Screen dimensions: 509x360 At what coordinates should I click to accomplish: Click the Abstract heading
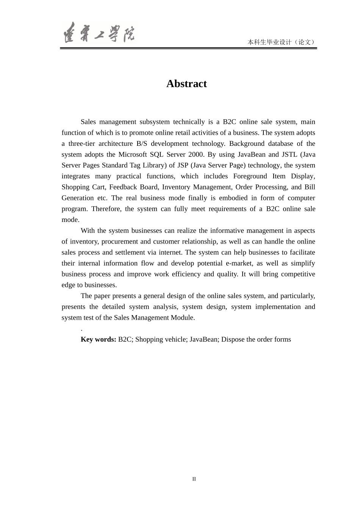pyautogui.click(x=186, y=84)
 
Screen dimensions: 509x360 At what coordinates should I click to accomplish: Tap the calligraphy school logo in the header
pyautogui.click(x=99, y=33)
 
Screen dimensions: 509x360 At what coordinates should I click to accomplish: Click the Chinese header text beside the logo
pyautogui.click(x=281, y=42)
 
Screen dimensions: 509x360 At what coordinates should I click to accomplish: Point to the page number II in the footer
pyautogui.click(x=194, y=479)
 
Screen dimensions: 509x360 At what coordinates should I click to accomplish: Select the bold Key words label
pyautogui.click(x=98, y=339)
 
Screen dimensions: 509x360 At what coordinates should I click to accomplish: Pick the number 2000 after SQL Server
pyautogui.click(x=196, y=155)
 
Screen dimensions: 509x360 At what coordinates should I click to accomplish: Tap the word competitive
pyautogui.click(x=298, y=274)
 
